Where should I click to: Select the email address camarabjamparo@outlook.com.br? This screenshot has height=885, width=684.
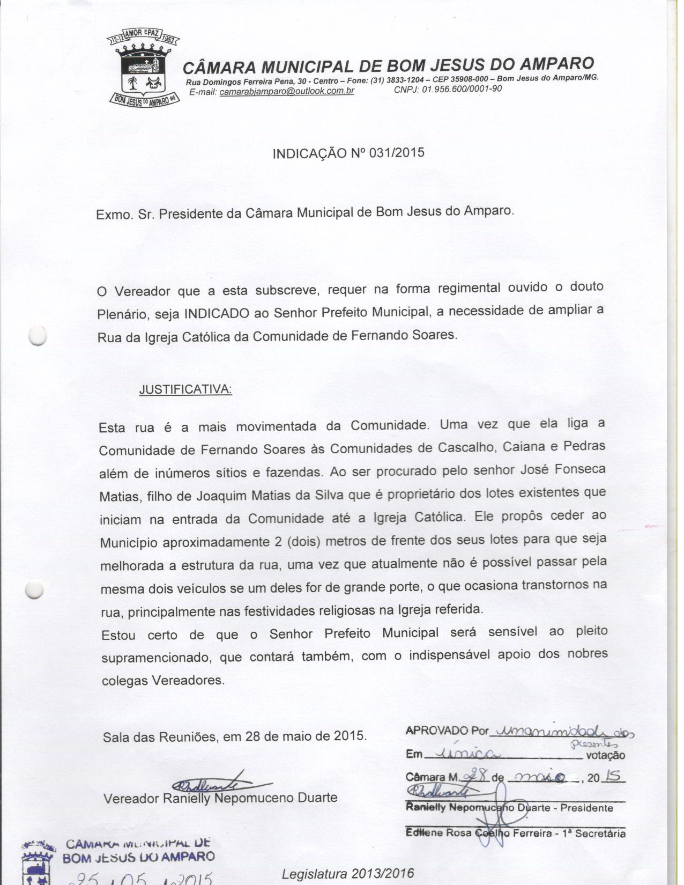point(287,91)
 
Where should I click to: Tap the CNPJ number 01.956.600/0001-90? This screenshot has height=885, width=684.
point(462,89)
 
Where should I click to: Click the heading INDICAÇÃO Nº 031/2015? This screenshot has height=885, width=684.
point(348,153)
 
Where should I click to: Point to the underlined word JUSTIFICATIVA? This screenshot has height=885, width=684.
point(185,389)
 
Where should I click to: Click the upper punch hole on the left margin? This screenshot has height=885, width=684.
point(38,336)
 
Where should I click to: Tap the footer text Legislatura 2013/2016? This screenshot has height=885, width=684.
point(348,873)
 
